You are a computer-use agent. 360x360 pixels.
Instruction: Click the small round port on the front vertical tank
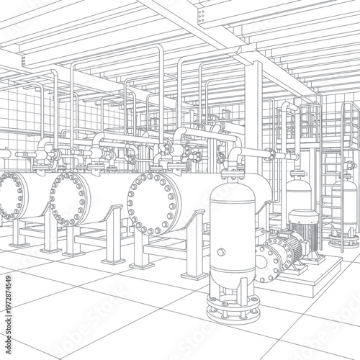221,252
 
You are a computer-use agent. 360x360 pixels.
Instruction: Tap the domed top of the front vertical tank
232,189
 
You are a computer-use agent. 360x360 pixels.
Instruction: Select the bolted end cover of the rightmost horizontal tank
151,203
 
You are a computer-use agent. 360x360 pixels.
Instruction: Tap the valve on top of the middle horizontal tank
107,155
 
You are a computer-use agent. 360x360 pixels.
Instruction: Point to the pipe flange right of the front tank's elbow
269,154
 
